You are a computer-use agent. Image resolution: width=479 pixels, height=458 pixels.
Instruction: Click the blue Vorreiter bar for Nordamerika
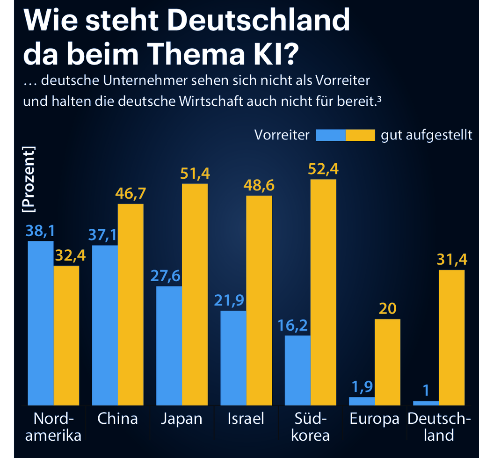(41, 323)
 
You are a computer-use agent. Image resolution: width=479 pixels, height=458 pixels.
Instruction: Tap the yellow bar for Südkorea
(323, 292)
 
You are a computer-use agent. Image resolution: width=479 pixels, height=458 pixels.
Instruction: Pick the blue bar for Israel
(233, 357)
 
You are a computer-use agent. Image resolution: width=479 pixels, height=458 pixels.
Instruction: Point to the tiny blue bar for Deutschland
(426, 403)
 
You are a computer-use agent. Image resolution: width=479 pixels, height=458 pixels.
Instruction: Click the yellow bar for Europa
(387, 362)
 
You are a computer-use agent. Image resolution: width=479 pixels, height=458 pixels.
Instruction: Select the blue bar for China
(105, 325)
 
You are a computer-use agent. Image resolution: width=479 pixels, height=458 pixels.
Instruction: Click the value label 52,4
(323, 169)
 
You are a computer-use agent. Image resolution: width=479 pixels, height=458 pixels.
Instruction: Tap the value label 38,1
(40, 231)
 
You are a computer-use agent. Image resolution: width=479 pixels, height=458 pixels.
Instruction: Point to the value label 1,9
(362, 387)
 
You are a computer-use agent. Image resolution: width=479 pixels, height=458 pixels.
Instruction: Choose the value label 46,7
(131, 194)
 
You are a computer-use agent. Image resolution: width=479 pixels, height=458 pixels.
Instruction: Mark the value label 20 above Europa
(387, 309)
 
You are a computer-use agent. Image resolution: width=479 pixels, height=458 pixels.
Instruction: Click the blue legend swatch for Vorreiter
(331, 135)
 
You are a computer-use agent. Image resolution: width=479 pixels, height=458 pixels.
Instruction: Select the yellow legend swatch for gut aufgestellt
(360, 135)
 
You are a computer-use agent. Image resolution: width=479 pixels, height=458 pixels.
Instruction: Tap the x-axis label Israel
(246, 418)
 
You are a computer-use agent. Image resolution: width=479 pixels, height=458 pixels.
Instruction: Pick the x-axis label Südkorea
(310, 427)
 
